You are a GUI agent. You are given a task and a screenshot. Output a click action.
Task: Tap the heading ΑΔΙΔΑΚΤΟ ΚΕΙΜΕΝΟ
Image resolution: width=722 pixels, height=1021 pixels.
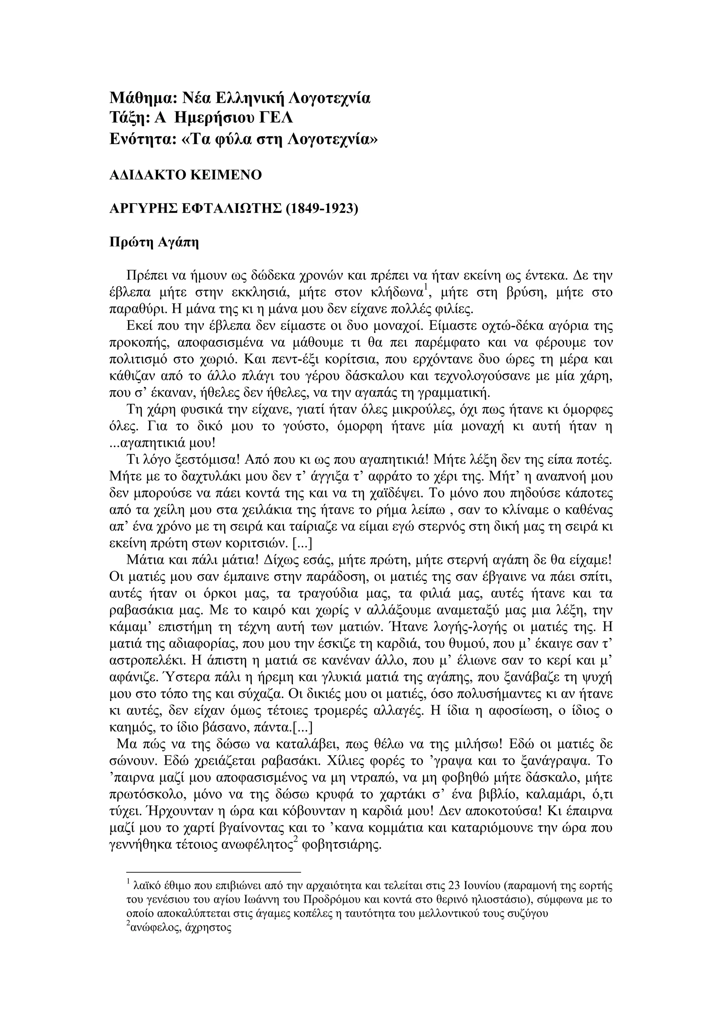185,175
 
